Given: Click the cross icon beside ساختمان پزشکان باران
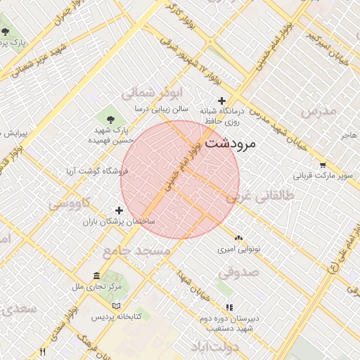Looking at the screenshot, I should pyautogui.click(x=119, y=210).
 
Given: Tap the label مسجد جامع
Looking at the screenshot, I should pyautogui.click(x=136, y=250).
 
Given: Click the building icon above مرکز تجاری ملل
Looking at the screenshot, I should pyautogui.click(x=96, y=275).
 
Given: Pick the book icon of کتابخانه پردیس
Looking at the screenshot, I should pyautogui.click(x=116, y=306).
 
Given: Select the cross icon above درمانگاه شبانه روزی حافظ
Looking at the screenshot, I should pyautogui.click(x=222, y=101).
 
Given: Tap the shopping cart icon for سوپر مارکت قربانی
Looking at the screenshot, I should pyautogui.click(x=322, y=165).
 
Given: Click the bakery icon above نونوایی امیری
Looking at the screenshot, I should pyautogui.click(x=238, y=238).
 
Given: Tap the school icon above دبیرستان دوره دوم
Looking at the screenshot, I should pyautogui.click(x=229, y=307).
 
